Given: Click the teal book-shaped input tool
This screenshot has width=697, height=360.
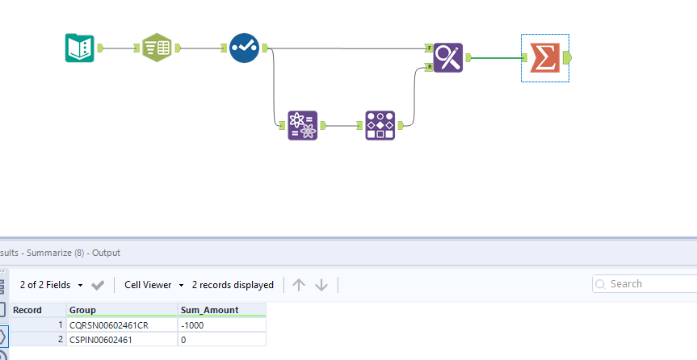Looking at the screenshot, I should coord(80,48).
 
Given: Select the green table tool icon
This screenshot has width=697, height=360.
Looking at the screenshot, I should coord(157,48).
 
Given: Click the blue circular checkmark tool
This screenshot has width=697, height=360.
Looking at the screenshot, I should coord(243,48).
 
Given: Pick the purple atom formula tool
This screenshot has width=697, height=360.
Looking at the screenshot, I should coord(303,125).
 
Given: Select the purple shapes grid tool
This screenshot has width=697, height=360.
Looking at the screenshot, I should coord(380,125).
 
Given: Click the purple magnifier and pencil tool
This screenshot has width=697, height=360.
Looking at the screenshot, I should coord(447,57).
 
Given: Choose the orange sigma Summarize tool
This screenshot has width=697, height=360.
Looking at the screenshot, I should coord(544,57).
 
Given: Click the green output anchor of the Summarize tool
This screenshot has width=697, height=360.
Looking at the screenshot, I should coord(567,57).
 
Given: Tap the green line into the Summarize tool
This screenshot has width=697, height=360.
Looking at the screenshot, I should coord(497,58).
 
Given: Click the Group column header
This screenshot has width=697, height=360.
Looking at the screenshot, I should coord(121,310).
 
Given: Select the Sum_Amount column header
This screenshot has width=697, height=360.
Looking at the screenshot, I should coord(221,310).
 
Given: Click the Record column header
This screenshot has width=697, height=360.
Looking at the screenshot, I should coord(37,310).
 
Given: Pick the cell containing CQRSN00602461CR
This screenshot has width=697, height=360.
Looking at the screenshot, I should coord(121,324).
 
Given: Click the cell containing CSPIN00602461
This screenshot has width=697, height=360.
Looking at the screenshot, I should coord(121,340).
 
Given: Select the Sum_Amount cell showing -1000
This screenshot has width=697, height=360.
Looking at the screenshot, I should coord(221,324).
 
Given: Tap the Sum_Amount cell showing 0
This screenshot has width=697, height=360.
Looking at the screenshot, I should coord(221,340).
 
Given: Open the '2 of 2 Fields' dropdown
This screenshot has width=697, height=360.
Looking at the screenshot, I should coord(52,285).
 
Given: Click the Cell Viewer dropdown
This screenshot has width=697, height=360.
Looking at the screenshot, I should coord(154,285).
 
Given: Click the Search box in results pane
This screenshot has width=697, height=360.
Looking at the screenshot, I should coord(646,284).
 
